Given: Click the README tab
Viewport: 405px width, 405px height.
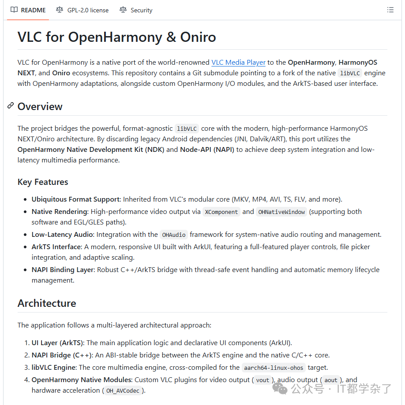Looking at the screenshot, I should (28, 10).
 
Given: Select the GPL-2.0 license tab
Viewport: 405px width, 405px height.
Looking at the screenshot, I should (82, 10).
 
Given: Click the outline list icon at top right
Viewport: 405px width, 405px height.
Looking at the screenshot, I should (390, 10).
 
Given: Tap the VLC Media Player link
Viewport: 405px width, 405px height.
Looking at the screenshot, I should (238, 63).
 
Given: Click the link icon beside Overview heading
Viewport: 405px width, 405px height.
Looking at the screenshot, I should (11, 106).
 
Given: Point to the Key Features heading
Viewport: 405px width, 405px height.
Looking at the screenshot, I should (43, 182).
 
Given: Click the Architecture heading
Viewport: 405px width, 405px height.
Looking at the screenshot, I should (47, 303).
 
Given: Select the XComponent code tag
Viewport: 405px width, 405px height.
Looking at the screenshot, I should (221, 212).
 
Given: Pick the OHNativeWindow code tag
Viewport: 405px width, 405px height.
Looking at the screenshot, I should (281, 212).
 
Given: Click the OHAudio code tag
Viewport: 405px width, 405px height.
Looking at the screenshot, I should (174, 235).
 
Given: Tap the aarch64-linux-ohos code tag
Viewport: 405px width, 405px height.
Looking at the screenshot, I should (274, 368).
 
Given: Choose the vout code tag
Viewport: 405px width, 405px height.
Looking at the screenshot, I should (262, 380).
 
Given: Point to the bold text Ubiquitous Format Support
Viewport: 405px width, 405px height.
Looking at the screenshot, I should (75, 199).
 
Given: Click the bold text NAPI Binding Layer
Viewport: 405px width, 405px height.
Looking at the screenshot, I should (63, 270).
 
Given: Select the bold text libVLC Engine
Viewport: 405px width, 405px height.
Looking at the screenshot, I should (53, 368).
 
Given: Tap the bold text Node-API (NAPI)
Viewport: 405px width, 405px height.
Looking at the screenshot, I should (207, 150).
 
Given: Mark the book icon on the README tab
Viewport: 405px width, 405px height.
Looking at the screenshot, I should (14, 10).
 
